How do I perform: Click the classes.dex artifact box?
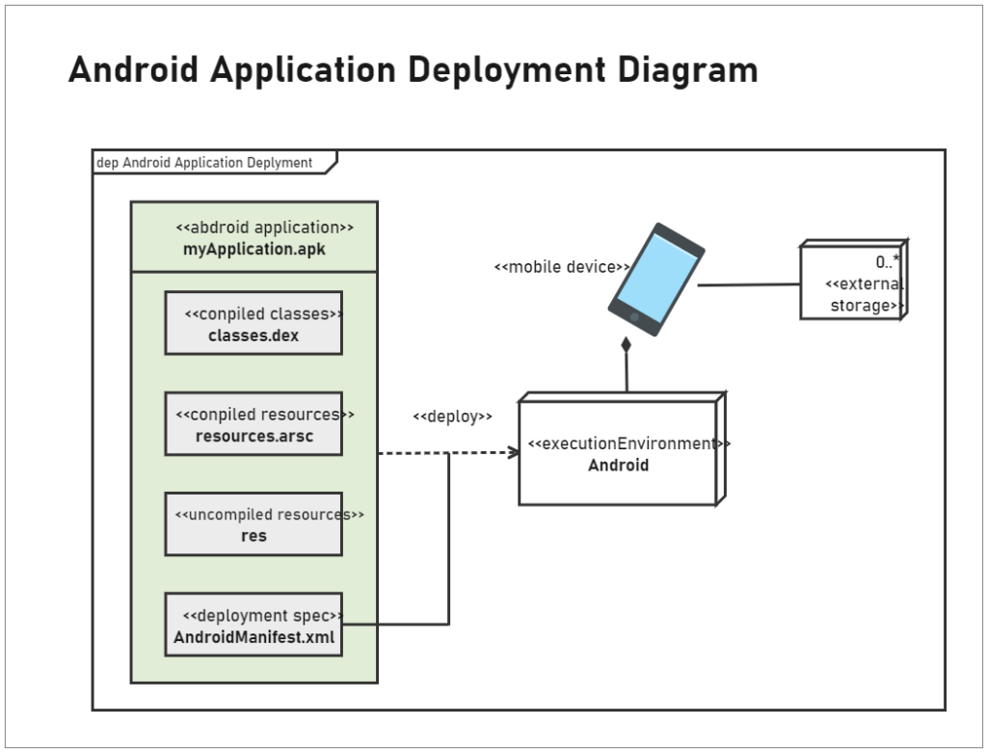[x=253, y=323]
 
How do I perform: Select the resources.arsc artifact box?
[x=253, y=423]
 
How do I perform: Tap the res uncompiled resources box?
[x=253, y=524]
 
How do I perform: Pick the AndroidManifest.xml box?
[x=253, y=625]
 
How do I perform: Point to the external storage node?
[x=852, y=282]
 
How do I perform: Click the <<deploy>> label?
[x=452, y=416]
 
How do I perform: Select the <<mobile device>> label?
[x=561, y=267]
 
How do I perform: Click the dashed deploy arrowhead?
[x=515, y=452]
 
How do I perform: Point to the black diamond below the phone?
[x=626, y=344]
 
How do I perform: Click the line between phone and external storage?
[x=749, y=284]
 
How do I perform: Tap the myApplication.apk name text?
[x=254, y=249]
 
